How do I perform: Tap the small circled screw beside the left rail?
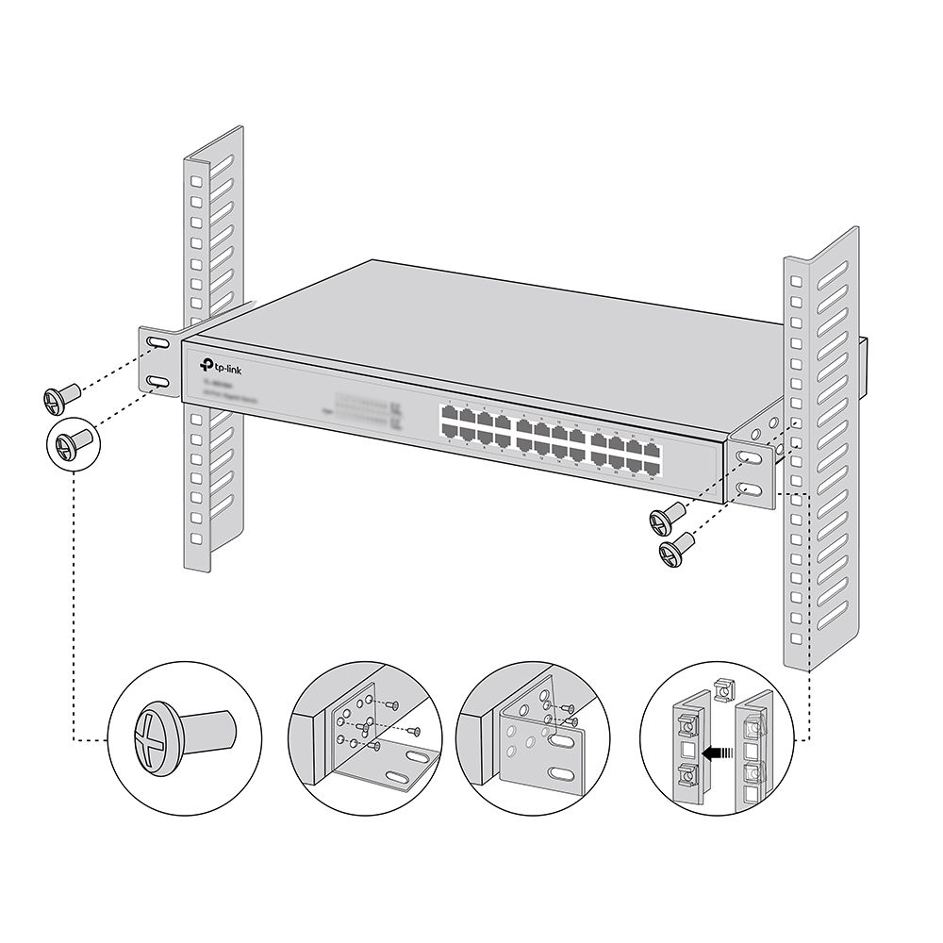71,441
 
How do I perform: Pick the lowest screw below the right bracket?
675,550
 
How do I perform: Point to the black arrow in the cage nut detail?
719,752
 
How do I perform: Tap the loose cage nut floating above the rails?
722,690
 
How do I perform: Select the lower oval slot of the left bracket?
157,380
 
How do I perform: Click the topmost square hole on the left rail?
196,179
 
